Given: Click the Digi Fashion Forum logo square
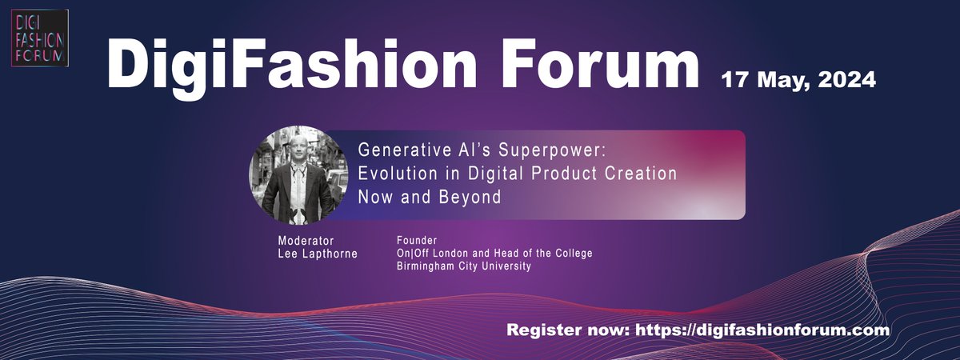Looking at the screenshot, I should (x=41, y=38).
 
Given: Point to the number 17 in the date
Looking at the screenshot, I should (x=735, y=80).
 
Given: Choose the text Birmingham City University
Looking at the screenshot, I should (x=464, y=266).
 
